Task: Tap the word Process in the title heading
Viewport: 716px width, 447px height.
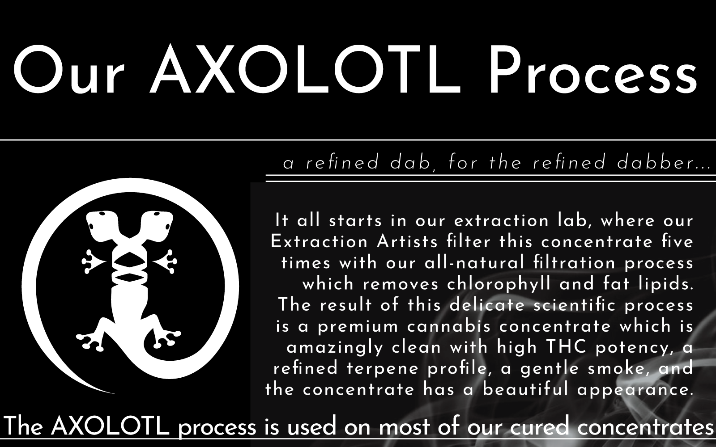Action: [x=591, y=72]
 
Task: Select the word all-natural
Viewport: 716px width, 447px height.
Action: [x=475, y=263]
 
